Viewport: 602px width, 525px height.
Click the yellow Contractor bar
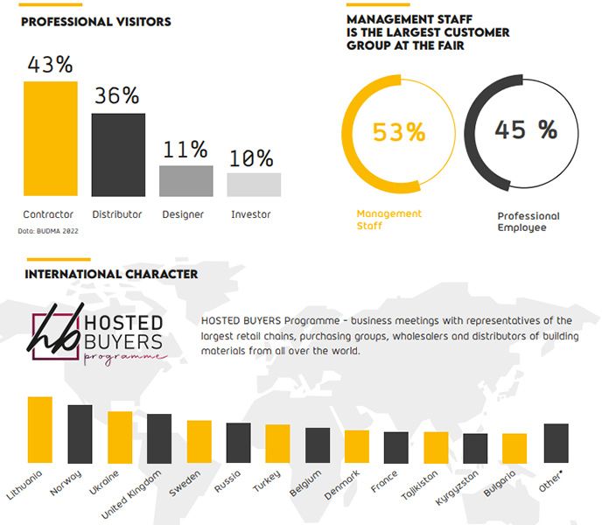click(x=50, y=138)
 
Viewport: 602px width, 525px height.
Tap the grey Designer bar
click(x=185, y=180)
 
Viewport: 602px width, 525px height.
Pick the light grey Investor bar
click(x=254, y=184)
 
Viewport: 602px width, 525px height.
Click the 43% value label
click(x=50, y=65)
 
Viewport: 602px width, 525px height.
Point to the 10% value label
click(x=252, y=157)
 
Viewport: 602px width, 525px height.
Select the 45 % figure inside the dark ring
click(x=525, y=130)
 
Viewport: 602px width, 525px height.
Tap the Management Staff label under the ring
click(x=388, y=220)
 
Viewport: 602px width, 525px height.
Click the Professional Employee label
click(x=528, y=221)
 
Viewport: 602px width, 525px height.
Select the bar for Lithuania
click(x=40, y=430)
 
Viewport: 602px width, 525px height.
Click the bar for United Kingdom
click(x=159, y=438)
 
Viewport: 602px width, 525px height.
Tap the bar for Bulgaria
click(x=514, y=448)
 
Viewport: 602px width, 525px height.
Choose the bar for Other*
click(x=556, y=443)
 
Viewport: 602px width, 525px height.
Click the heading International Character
click(x=111, y=274)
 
